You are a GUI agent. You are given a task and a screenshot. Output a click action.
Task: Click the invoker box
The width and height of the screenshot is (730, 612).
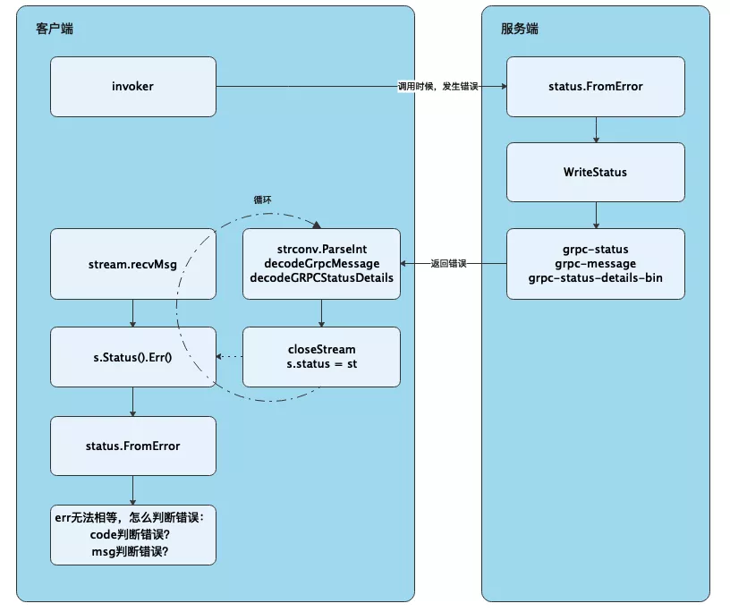coord(133,87)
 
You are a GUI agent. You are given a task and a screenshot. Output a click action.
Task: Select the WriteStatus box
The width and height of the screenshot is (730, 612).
coord(596,173)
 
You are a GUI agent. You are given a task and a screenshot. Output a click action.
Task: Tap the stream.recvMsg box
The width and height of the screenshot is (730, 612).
coord(133,264)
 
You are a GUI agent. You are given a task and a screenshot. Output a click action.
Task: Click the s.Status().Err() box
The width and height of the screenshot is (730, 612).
coord(133,357)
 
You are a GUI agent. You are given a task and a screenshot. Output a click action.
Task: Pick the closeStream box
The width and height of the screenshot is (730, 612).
coord(321,357)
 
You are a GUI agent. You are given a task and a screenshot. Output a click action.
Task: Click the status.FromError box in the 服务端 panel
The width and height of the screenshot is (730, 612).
coord(596,87)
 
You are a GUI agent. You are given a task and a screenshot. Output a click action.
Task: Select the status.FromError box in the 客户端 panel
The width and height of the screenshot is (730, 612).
coord(133,446)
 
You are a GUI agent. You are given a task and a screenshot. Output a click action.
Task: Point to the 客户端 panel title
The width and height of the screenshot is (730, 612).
coord(55,29)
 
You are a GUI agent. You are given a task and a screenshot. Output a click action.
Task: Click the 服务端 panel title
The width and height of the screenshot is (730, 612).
coord(520,29)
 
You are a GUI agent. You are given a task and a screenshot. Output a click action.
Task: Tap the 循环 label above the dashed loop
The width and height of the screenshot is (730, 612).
coord(263,200)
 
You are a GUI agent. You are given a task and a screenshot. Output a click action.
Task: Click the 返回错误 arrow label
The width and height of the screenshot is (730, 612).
coord(448,264)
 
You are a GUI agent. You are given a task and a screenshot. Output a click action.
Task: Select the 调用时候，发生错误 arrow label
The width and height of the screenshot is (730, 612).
coord(437,86)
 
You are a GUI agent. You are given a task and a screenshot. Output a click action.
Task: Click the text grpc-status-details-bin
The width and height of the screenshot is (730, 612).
coord(596,278)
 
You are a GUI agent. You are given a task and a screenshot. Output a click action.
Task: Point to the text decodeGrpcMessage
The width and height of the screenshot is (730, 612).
coord(322,264)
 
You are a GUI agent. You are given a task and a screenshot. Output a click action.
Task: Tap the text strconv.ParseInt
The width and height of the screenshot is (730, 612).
coord(322,249)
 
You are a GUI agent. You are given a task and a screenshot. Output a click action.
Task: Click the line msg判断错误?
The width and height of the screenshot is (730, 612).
coord(130,552)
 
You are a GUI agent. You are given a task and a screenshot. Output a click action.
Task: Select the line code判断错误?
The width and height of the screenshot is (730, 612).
coord(130,535)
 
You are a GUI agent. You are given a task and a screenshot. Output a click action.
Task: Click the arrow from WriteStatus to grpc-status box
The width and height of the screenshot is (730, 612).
coord(596,215)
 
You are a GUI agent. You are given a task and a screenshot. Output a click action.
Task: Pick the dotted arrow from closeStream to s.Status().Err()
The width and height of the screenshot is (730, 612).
coord(230,357)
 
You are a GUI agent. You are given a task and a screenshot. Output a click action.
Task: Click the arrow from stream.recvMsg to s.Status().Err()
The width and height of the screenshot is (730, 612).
coord(132,313)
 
